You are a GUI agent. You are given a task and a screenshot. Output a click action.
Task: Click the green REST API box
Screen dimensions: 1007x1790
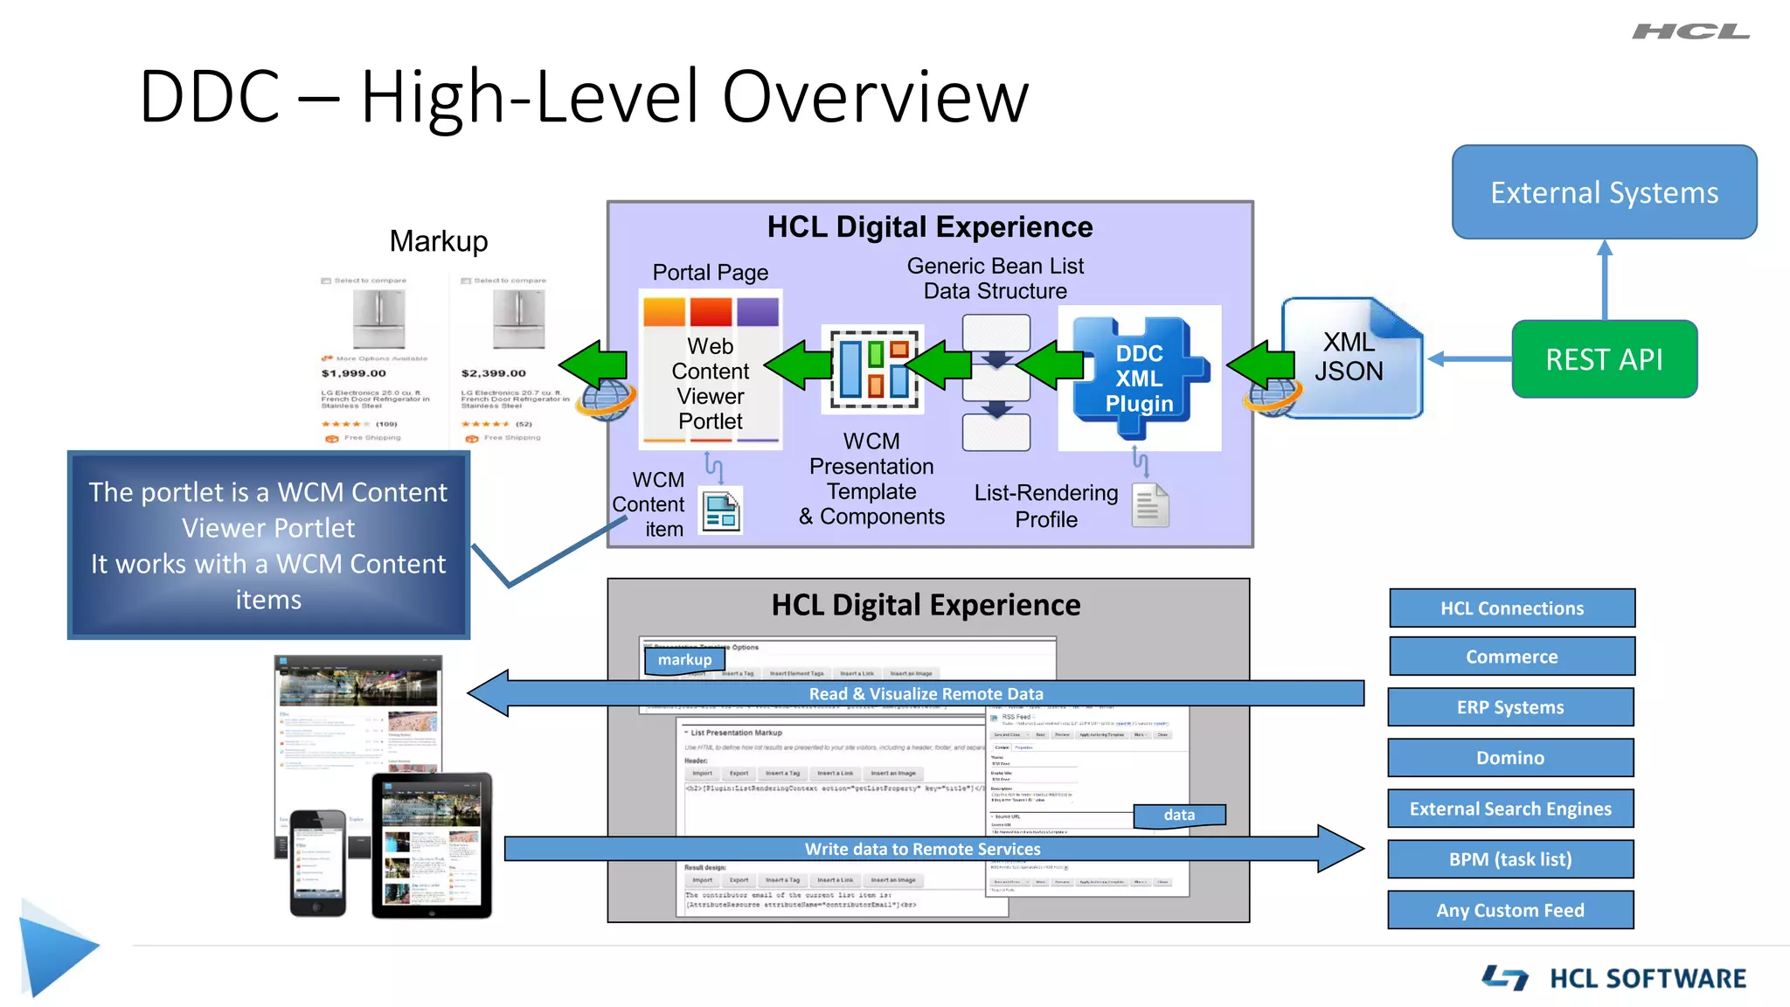[1604, 359]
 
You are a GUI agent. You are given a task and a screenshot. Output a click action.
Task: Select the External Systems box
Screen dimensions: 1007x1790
[1604, 192]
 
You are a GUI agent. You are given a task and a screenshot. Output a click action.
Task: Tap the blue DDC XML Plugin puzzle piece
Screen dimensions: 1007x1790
[1139, 378]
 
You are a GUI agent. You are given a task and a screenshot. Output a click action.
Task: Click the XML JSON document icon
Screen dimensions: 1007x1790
[1349, 358]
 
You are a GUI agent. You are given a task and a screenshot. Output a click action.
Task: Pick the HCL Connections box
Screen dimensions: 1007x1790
[1511, 608]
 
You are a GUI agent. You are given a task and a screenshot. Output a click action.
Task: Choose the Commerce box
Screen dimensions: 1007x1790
[1511, 656]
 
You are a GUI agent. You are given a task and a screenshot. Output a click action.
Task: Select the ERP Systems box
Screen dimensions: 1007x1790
[1510, 707]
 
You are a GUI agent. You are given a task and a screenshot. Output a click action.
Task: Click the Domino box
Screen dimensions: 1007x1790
[1510, 758]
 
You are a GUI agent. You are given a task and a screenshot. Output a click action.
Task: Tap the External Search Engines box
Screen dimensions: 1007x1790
[1510, 809]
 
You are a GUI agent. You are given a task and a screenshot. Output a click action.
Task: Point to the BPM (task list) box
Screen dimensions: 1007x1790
[1510, 859]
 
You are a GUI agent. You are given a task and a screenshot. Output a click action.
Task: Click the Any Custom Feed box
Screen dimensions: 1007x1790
[1510, 910]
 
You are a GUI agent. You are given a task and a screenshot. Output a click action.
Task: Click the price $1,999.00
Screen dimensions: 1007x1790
[353, 373]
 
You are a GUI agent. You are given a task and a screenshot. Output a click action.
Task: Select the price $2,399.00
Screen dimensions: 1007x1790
[494, 373]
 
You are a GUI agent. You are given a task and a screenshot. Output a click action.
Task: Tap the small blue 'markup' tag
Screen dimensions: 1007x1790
[684, 660]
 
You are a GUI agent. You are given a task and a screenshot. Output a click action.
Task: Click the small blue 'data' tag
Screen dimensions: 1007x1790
[1179, 815]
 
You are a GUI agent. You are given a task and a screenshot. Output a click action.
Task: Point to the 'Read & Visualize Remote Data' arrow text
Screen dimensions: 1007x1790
[926, 694]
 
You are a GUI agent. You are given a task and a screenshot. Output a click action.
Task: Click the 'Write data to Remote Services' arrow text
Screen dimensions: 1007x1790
[922, 849]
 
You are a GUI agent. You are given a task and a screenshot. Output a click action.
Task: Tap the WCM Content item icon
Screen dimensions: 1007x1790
[721, 511]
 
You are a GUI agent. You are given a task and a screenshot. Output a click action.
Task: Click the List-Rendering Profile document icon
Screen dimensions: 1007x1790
[1150, 505]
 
